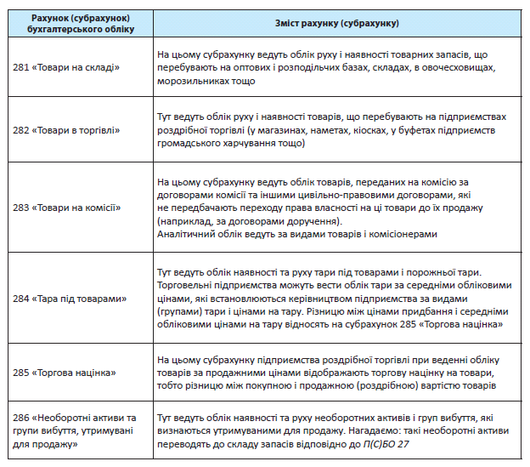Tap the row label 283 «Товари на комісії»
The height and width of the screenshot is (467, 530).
tap(69, 208)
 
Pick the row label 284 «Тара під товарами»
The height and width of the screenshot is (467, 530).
tap(70, 298)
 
